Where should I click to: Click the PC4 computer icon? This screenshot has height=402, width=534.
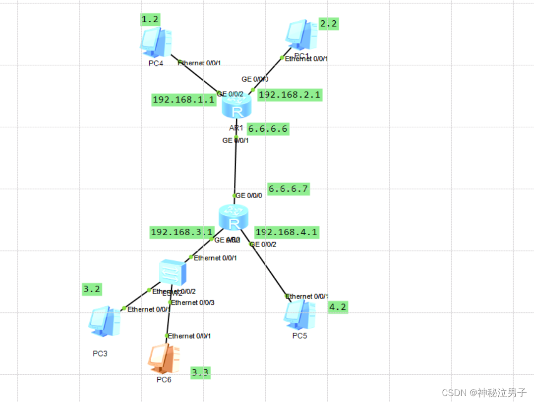(x=156, y=42)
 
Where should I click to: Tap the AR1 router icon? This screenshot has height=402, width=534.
(x=237, y=105)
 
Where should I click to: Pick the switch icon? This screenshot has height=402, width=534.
(x=173, y=272)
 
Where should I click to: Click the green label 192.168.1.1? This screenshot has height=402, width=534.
(x=183, y=100)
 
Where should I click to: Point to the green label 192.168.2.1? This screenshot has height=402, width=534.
(x=290, y=95)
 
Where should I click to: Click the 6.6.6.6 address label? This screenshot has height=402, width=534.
(x=267, y=129)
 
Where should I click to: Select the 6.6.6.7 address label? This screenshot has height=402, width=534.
(x=288, y=189)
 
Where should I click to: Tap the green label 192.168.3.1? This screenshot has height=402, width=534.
(x=181, y=232)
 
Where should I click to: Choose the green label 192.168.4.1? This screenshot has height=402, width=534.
(x=286, y=232)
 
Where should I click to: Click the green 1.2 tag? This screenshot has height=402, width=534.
(x=150, y=20)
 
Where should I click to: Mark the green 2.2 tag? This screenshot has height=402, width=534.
(x=328, y=24)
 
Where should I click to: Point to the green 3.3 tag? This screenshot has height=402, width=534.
(x=200, y=373)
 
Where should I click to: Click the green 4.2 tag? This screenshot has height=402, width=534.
(x=338, y=307)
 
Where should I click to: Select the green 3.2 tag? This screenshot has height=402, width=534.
(x=91, y=289)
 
